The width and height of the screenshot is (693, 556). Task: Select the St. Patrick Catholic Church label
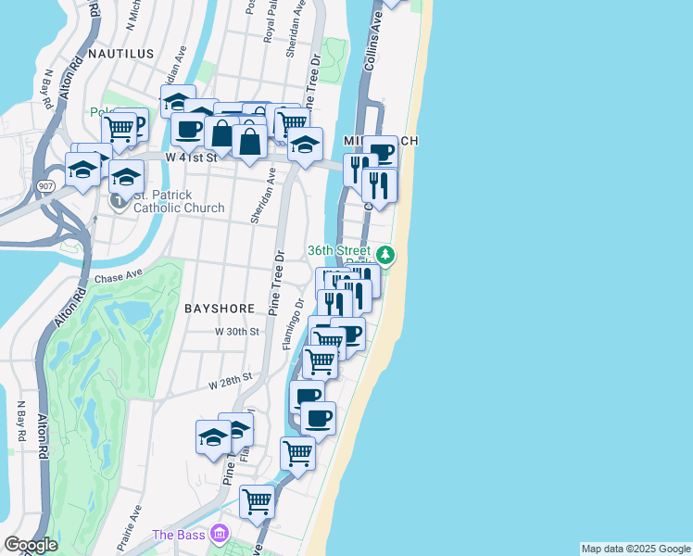pyautogui.click(x=179, y=201)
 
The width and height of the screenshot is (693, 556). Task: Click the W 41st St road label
pyautogui.click(x=191, y=158)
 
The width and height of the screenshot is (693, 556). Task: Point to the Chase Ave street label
pyautogui.click(x=119, y=275)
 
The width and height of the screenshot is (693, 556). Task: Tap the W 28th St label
pyautogui.click(x=231, y=380)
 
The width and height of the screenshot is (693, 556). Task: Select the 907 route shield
pyautogui.click(x=44, y=186)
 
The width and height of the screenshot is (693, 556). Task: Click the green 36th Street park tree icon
pyautogui.click(x=384, y=254)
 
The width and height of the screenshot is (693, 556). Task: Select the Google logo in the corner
pyautogui.click(x=31, y=545)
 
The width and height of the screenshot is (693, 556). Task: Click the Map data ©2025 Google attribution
pyautogui.click(x=636, y=549)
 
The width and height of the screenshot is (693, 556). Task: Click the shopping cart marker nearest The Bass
pyautogui.click(x=257, y=501)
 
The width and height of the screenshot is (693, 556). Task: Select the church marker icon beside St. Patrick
pyautogui.click(x=120, y=199)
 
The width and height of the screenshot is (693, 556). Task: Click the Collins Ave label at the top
pyautogui.click(x=376, y=28)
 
